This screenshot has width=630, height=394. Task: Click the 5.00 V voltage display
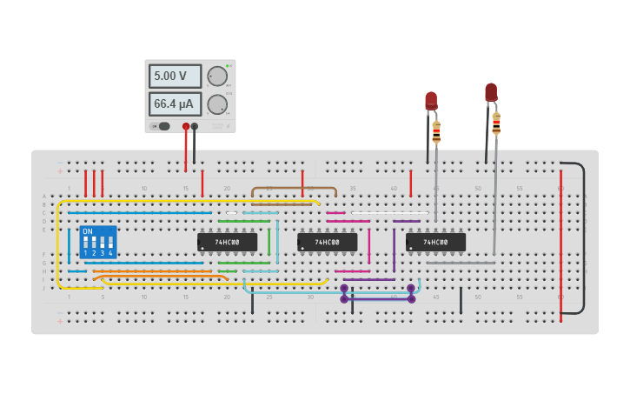click(x=174, y=77)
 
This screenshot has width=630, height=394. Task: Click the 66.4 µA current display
click(x=174, y=104)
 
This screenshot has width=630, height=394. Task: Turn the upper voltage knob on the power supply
click(x=216, y=77)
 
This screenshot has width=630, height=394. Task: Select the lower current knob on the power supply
click(x=216, y=104)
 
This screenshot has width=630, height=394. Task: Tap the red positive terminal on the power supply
click(x=186, y=126)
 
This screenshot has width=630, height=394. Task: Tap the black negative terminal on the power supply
click(x=195, y=126)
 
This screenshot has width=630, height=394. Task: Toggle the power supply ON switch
click(x=162, y=126)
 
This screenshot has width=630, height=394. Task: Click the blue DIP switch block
click(x=98, y=242)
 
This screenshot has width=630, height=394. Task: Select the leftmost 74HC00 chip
click(x=228, y=242)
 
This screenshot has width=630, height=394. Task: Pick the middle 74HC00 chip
click(x=328, y=242)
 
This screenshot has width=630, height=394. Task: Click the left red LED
click(x=431, y=101)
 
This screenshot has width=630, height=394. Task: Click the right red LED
click(x=491, y=92)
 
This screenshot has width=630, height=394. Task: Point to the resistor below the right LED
click(x=496, y=124)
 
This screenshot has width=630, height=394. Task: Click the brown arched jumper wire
click(x=294, y=188)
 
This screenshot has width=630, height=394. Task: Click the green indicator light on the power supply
click(x=228, y=65)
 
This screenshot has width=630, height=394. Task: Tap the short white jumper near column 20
click(x=231, y=212)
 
